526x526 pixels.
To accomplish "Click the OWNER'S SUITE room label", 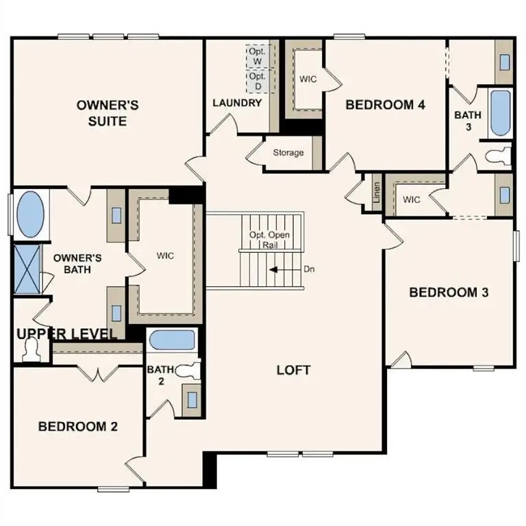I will (x=108, y=113).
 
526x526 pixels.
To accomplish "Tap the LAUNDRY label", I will (x=237, y=103).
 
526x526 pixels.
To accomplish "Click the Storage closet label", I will (x=288, y=152).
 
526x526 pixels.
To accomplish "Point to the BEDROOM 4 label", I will (x=386, y=105).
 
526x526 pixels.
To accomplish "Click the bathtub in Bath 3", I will (x=499, y=112).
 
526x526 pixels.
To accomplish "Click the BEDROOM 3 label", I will (x=449, y=292).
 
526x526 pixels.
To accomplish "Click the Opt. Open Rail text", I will (x=269, y=240).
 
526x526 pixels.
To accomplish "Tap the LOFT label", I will (x=293, y=370).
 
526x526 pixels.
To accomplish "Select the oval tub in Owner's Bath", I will (x=29, y=214).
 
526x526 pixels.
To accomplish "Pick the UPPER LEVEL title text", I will (x=66, y=334).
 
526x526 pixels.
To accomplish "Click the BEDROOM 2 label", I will (x=77, y=426).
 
